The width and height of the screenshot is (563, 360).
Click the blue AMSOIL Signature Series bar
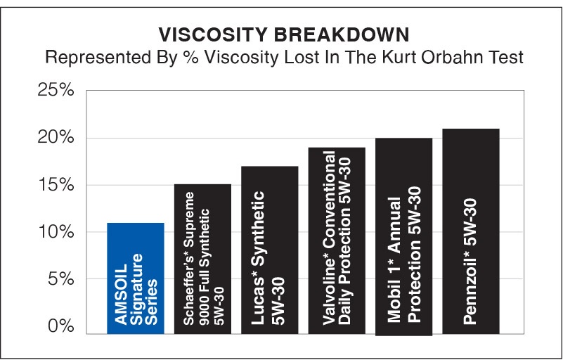136,278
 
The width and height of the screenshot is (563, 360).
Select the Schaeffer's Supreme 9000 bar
202,259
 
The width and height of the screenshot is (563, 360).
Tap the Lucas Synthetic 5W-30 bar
270,250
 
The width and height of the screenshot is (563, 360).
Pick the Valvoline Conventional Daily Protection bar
337,240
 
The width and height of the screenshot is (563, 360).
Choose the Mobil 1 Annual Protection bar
404,237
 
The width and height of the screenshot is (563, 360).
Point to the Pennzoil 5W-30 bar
471,231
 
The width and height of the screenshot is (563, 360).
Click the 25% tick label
56,90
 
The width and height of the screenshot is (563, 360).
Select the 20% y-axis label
56,137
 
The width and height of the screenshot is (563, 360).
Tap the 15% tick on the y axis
56,185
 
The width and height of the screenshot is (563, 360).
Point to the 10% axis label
56,232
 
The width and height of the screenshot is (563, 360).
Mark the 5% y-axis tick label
61,279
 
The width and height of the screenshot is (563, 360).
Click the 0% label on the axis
61,326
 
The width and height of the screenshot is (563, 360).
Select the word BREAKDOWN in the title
342,35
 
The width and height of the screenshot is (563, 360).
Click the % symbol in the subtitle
190,58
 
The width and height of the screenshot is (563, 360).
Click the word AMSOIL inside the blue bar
122,295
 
